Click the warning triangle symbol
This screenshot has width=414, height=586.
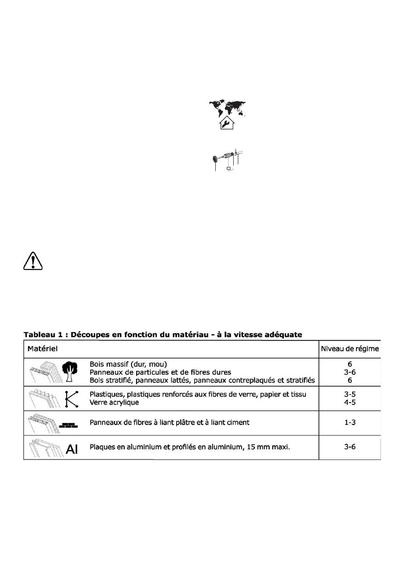click(32, 261)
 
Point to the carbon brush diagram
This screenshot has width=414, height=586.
click(227, 160)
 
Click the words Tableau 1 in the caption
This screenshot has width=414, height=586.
click(44, 334)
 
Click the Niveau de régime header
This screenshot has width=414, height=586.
click(350, 349)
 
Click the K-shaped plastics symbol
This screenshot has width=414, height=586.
click(71, 398)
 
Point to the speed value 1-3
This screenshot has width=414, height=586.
click(350, 422)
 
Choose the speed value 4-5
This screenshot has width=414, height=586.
click(350, 402)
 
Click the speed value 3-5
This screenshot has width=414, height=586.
click(350, 394)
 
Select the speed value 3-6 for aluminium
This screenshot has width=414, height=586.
click(350, 446)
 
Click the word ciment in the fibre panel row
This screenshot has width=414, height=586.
click(237, 422)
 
